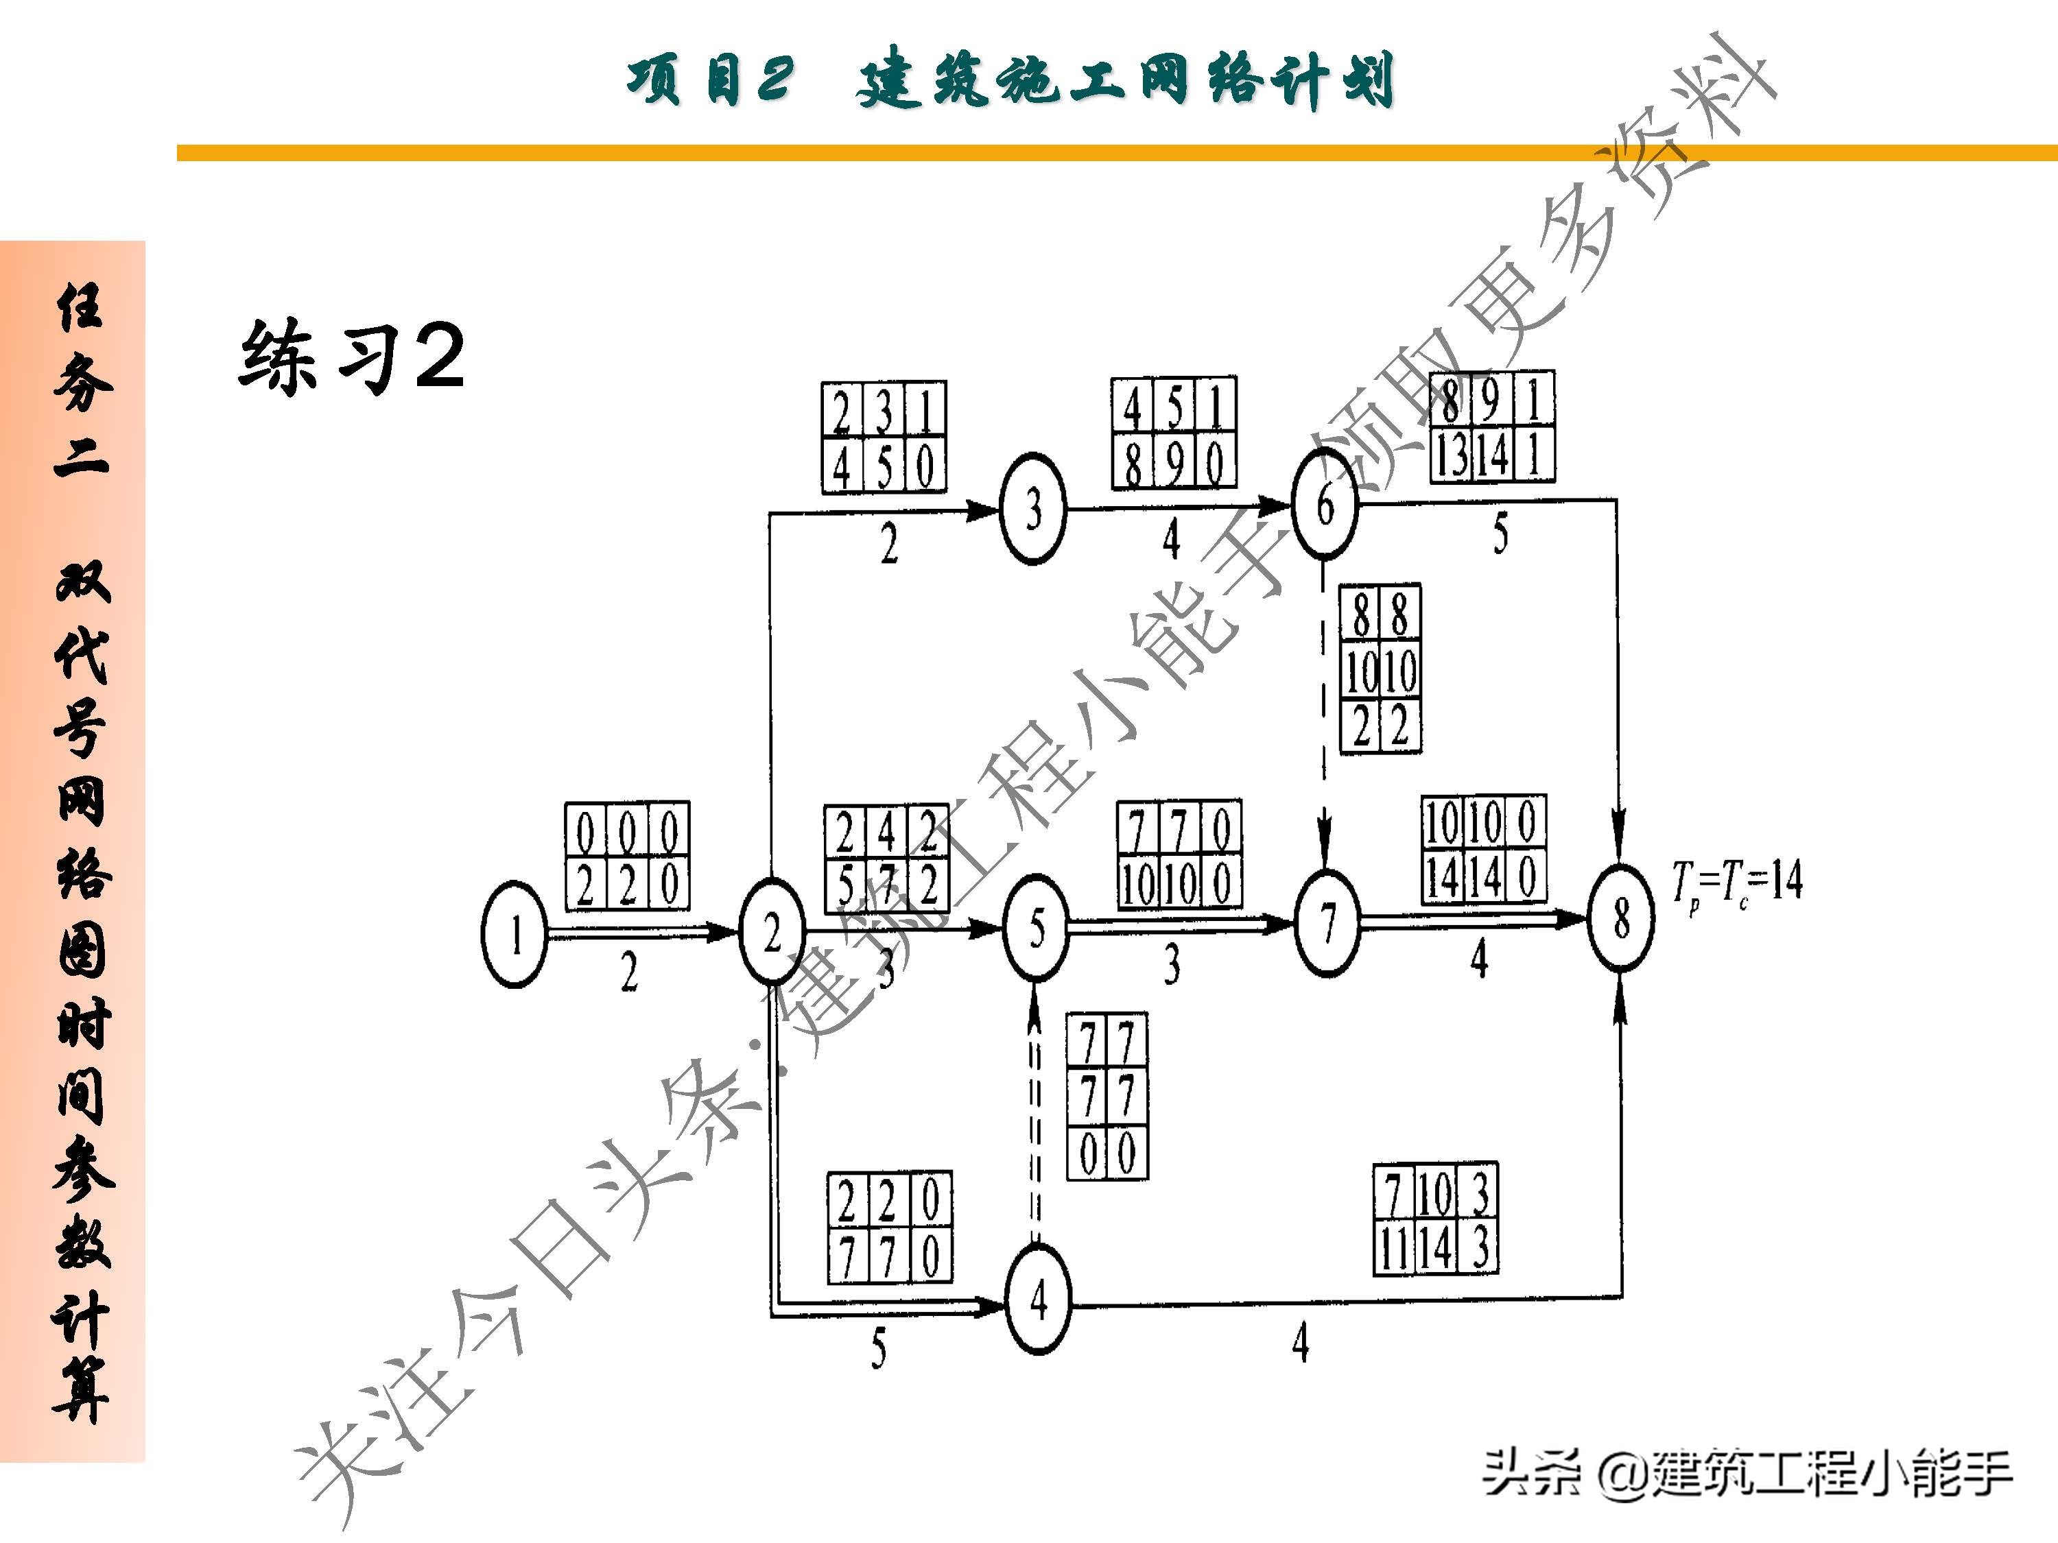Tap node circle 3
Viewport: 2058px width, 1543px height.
[x=1032, y=509]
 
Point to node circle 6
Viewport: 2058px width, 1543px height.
[x=1325, y=505]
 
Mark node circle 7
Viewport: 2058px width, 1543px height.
[x=1327, y=922]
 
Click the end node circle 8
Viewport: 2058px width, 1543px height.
[x=1622, y=918]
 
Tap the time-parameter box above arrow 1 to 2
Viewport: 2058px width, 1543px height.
[x=627, y=856]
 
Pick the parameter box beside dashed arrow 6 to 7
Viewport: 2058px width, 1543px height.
[x=1380, y=668]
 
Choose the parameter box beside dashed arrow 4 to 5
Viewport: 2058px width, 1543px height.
[x=1107, y=1097]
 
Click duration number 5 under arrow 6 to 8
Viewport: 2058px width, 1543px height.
[x=1500, y=535]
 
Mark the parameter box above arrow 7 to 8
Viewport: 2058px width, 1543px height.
[x=1484, y=849]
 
